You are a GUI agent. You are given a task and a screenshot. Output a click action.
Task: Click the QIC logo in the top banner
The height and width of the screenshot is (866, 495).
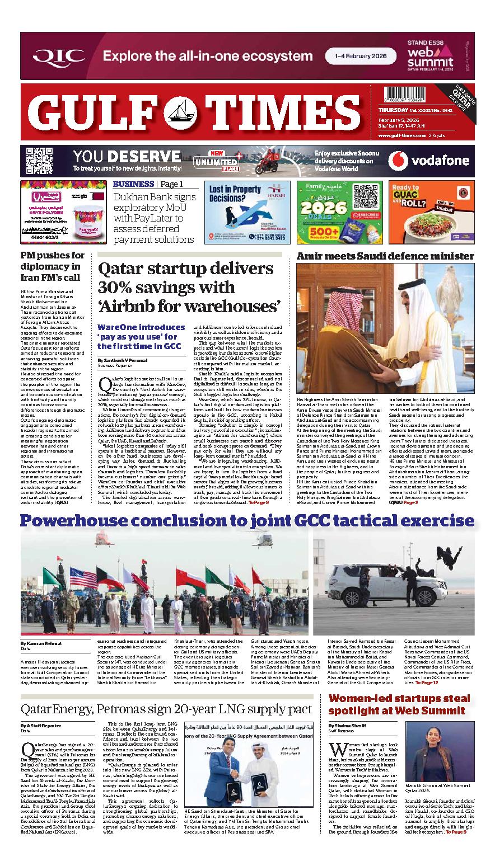click(59, 56)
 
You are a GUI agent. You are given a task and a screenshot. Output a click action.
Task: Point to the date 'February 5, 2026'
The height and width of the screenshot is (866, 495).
click(397, 120)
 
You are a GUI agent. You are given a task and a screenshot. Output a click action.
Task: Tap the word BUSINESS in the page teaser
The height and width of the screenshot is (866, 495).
click(133, 184)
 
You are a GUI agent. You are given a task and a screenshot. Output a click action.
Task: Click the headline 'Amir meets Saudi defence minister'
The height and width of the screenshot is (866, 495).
click(385, 256)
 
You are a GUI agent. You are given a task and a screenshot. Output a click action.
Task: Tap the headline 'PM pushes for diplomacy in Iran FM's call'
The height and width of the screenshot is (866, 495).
click(52, 267)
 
